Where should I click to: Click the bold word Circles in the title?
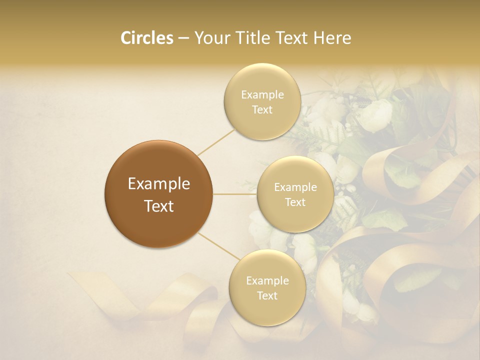[146, 38]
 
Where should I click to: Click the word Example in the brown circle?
[158, 184]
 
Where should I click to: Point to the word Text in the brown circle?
[158, 206]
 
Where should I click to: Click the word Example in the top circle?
[262, 95]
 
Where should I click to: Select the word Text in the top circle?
[262, 109]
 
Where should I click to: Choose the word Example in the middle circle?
[295, 187]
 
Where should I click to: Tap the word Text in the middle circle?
[295, 202]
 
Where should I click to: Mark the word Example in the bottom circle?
[267, 281]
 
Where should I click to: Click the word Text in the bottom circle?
[267, 295]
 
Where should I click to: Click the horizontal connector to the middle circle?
[235, 194]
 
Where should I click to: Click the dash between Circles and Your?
[183, 38]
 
